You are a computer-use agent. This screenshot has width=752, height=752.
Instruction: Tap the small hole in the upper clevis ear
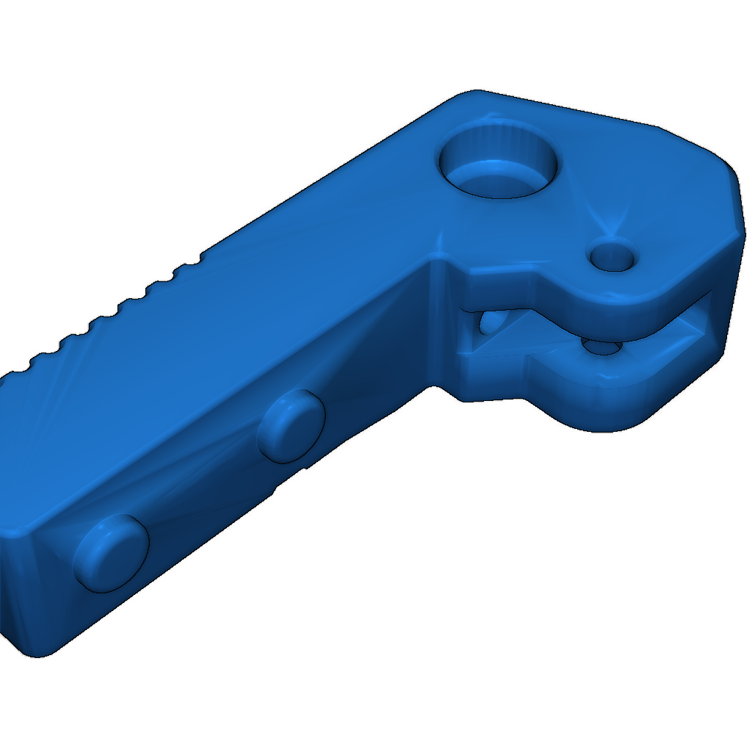(x=612, y=257)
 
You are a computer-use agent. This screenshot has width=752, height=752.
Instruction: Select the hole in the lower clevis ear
(x=604, y=346)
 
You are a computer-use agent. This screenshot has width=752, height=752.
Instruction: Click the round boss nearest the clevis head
(x=292, y=427)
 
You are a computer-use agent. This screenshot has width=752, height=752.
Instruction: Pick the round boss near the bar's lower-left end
(x=112, y=553)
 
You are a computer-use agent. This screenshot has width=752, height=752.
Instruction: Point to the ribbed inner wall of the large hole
(x=499, y=136)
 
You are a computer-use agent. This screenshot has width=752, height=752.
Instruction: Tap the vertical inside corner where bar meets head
(x=438, y=323)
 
